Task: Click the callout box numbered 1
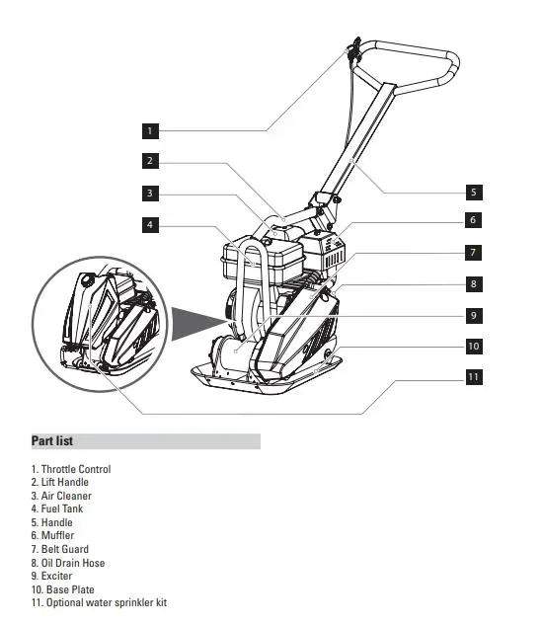coord(149,129)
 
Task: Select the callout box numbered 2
coord(149,161)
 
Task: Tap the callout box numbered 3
coord(149,193)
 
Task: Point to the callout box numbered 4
coord(149,225)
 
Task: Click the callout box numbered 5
coord(473,193)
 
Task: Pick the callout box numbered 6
coord(473,220)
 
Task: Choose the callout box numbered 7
coord(473,252)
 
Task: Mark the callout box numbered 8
coord(473,283)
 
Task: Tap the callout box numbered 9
coord(473,315)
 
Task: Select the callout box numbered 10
coord(473,347)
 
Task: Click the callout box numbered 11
coord(473,377)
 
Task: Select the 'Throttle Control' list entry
coord(71,469)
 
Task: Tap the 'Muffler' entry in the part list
coord(52,535)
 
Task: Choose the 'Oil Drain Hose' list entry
coord(68,563)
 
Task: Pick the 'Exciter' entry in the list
coord(52,576)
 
